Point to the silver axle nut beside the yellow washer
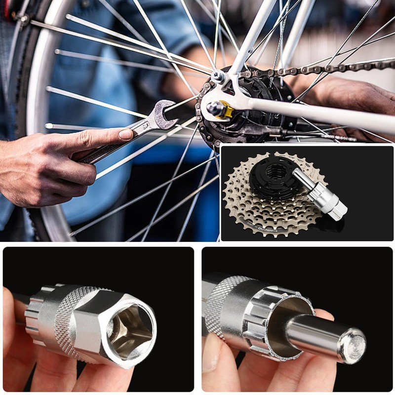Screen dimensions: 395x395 pos(213,107)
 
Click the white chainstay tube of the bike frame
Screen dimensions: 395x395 pos(316,111)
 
